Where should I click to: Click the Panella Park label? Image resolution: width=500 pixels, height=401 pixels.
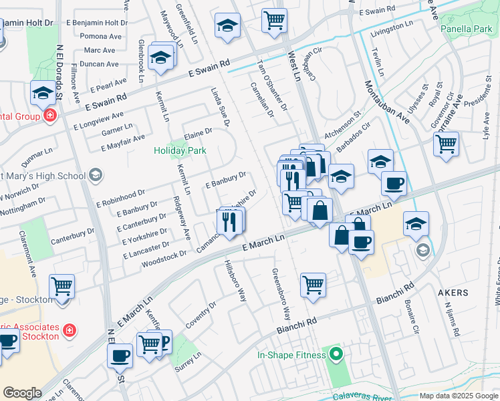[467, 29]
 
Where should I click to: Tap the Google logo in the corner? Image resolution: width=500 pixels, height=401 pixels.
[22, 393]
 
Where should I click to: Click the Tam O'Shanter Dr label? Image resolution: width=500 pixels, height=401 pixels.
[272, 85]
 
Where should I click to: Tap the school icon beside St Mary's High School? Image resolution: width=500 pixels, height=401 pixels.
[95, 176]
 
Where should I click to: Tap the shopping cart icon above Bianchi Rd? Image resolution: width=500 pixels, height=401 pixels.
[313, 285]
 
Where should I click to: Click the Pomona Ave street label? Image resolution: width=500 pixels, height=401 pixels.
[102, 36]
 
